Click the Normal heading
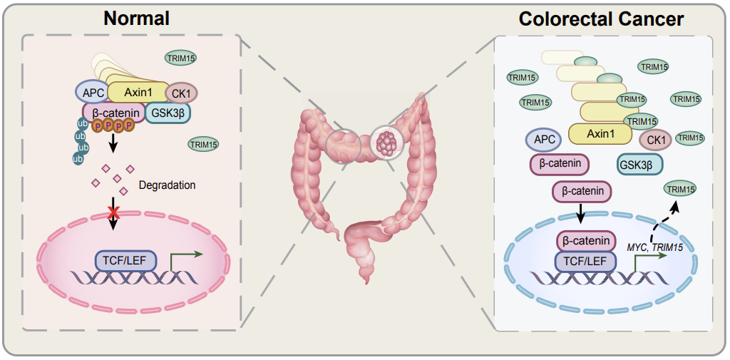click(136, 18)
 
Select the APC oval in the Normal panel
click(91, 92)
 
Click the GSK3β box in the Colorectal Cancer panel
click(639, 164)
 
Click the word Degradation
click(167, 185)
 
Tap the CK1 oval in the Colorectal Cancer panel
click(655, 140)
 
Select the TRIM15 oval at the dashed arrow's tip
click(679, 189)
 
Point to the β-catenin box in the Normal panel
click(114, 112)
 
